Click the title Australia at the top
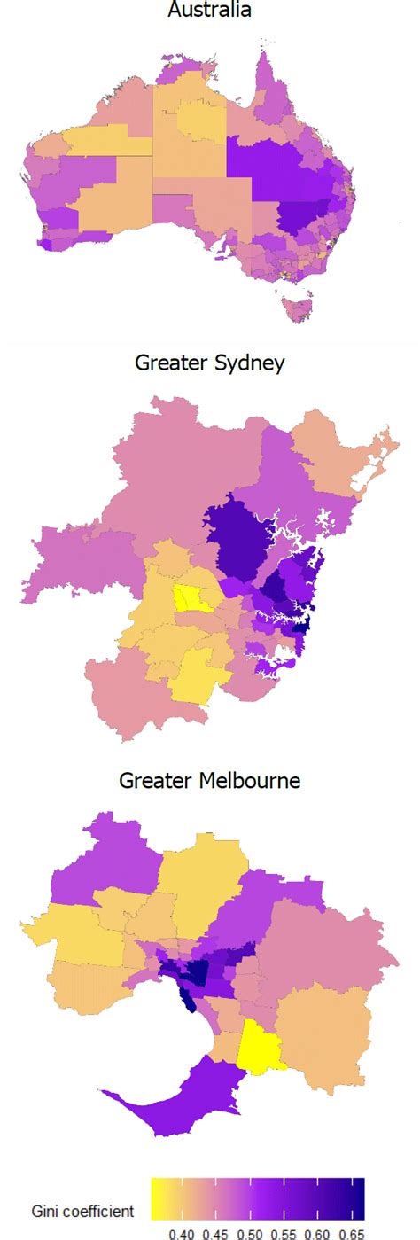point(209,11)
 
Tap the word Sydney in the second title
point(252,363)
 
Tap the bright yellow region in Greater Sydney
point(190,599)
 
